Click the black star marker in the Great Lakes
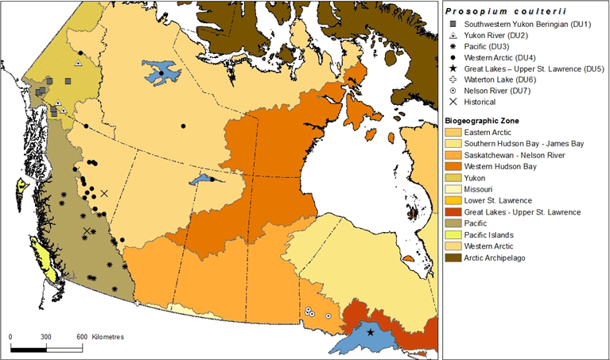[x=370, y=332]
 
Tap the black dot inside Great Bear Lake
[x=161, y=73]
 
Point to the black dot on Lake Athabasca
[x=212, y=180]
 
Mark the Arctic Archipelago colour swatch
[x=453, y=257]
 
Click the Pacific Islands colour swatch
[x=453, y=234]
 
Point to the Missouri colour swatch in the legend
[x=453, y=189]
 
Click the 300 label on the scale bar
[x=45, y=337]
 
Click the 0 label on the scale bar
[x=10, y=337]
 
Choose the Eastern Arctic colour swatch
[x=453, y=132]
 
